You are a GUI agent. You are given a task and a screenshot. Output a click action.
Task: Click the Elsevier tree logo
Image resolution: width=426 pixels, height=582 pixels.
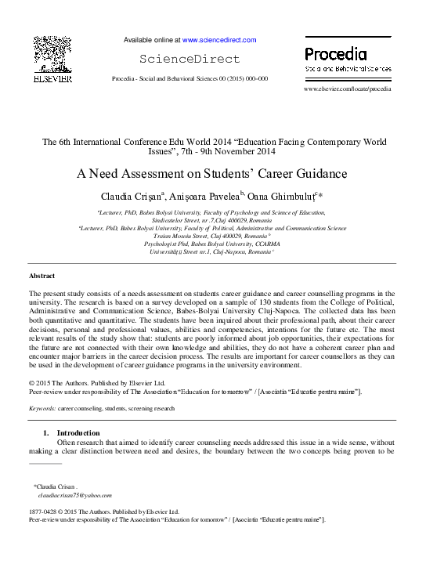coord(52,55)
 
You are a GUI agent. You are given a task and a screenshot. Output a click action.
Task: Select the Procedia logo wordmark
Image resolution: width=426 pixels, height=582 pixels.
coord(335,54)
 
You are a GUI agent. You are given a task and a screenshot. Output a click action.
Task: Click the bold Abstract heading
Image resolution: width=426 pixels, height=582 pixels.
coord(42,277)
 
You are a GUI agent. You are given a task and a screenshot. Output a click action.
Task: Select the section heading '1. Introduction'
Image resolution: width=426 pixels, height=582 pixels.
coord(71,432)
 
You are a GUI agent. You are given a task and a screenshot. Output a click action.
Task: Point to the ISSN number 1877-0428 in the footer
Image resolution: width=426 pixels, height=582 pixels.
coord(46,512)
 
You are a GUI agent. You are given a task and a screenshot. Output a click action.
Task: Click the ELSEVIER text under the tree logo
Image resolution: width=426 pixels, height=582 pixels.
coord(52,78)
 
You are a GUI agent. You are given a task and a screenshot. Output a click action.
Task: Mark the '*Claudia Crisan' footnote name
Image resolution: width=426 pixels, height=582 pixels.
coord(56,486)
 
